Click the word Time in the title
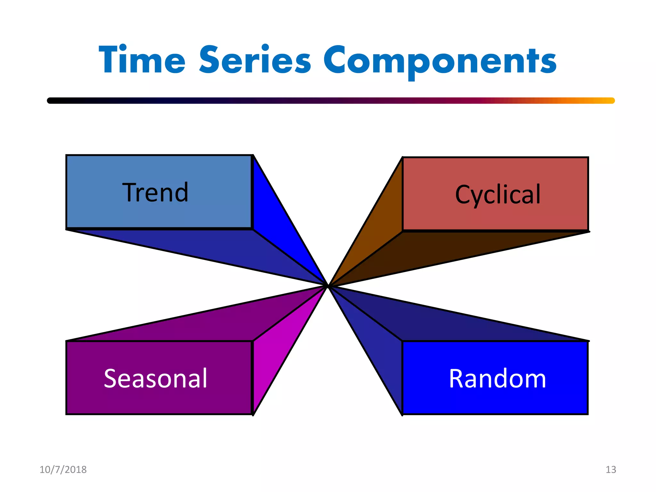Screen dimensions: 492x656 pyautogui.click(x=142, y=60)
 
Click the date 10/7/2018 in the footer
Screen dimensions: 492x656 pyautogui.click(x=63, y=470)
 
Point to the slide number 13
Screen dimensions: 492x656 pyautogui.click(x=611, y=470)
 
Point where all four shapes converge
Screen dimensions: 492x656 pyautogui.click(x=328, y=286)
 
